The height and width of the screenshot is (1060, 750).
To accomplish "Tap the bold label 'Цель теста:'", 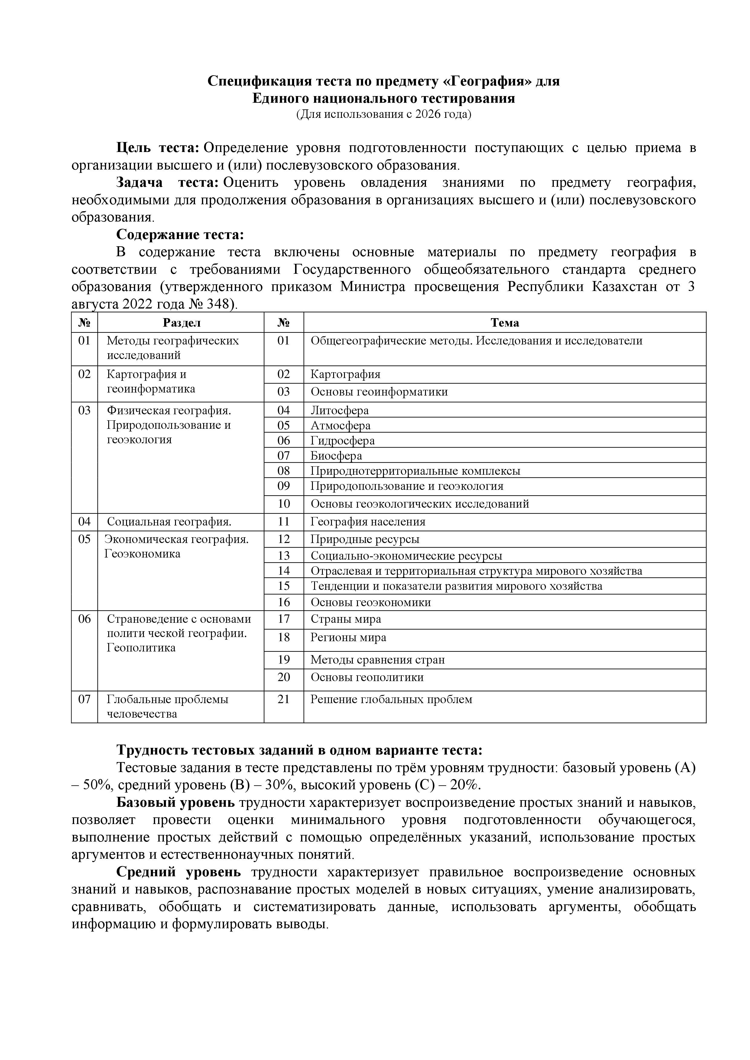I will (x=157, y=148).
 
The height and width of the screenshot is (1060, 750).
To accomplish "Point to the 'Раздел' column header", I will (x=181, y=323).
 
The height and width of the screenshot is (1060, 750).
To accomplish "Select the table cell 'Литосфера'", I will (x=339, y=410).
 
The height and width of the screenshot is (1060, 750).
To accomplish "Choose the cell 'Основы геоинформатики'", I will (x=379, y=392).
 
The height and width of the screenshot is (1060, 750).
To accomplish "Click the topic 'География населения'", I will (x=368, y=522).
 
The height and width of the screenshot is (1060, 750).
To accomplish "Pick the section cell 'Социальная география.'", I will (x=169, y=522).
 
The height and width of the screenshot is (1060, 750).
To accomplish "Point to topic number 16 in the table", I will (x=284, y=602).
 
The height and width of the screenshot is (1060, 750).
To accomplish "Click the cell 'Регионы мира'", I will (x=348, y=638).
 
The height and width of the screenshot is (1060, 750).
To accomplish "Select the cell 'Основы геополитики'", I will (x=367, y=677).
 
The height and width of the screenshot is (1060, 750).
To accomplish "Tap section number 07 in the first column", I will (x=84, y=699).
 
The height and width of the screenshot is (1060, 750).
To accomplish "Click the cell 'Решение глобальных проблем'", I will (x=391, y=699).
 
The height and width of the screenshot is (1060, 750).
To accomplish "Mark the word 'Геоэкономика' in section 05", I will (x=142, y=554).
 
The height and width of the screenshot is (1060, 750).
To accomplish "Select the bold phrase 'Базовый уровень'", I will (x=176, y=802).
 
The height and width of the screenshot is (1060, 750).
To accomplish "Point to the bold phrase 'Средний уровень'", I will (x=178, y=872).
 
